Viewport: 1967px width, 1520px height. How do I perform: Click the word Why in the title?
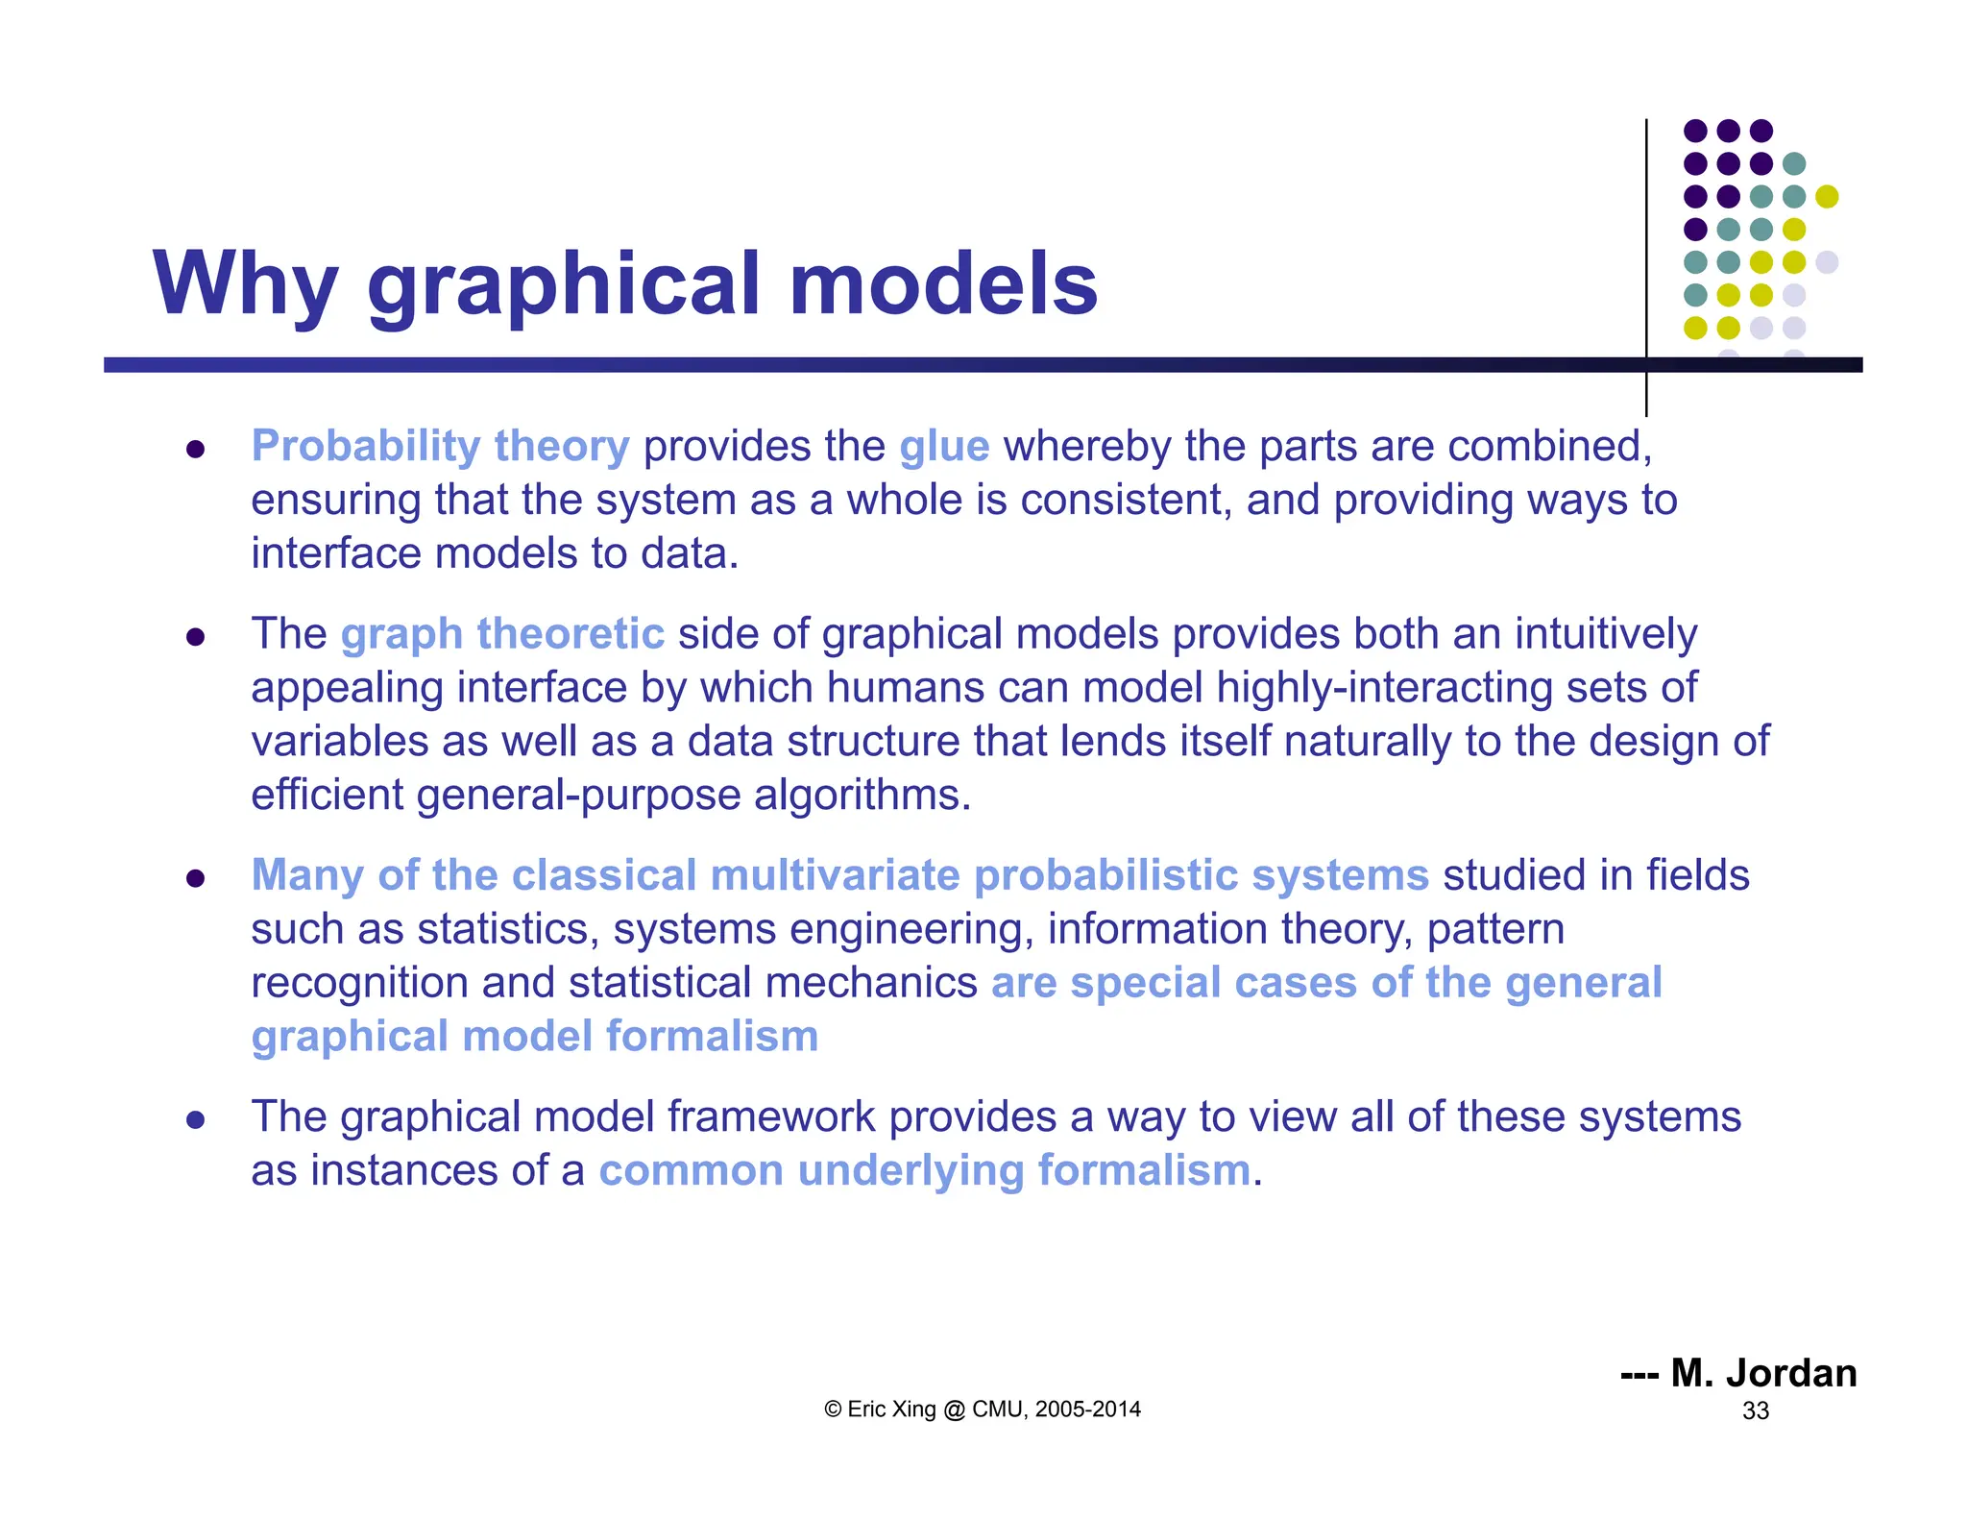[245, 283]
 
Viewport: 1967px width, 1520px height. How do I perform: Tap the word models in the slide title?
[943, 283]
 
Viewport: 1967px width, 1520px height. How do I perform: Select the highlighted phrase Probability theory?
[440, 447]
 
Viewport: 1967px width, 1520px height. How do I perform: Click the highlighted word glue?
[944, 447]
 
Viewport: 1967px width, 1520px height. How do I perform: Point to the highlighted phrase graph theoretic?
[502, 634]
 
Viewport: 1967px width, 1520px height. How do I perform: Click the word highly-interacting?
[1383, 688]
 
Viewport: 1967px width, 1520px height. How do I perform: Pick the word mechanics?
[871, 983]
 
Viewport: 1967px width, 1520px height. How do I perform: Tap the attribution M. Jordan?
[1763, 1373]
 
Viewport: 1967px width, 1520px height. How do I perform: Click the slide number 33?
[1756, 1410]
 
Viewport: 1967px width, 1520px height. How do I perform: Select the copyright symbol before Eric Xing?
[833, 1410]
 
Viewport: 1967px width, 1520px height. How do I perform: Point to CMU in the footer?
[999, 1410]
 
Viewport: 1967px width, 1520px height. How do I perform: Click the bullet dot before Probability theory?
[196, 449]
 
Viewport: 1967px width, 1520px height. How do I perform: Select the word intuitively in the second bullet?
[1606, 634]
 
